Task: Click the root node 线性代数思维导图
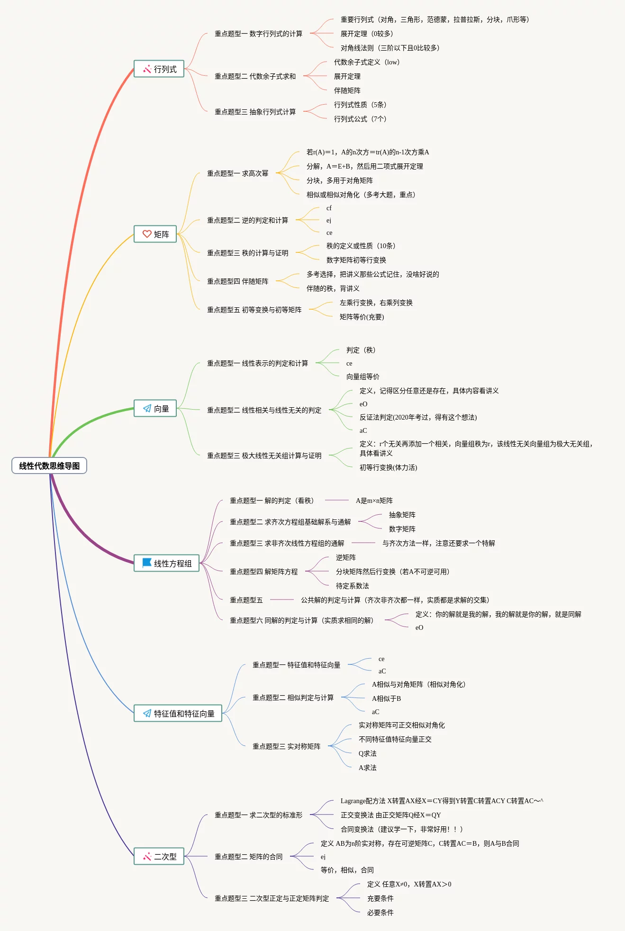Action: click(x=49, y=466)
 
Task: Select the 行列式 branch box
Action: click(x=159, y=69)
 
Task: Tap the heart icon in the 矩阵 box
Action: click(x=147, y=234)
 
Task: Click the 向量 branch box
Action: click(x=155, y=409)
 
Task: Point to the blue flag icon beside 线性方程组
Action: click(x=147, y=563)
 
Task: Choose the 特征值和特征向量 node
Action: click(x=178, y=714)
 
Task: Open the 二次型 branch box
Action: click(x=159, y=857)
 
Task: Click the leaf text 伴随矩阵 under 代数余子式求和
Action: click(x=347, y=90)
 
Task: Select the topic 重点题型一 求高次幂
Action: click(x=237, y=173)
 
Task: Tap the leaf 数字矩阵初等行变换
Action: click(x=356, y=260)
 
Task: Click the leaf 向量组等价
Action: click(x=362, y=376)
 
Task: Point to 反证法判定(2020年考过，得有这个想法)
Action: click(x=418, y=417)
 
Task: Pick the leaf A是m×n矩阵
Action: click(x=374, y=501)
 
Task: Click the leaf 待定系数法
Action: click(x=352, y=586)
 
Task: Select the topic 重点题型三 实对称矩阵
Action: click(x=286, y=746)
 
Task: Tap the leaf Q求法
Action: click(x=367, y=753)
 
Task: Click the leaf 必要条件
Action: click(x=380, y=913)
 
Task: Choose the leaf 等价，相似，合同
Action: click(x=347, y=870)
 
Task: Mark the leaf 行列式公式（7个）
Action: click(x=360, y=119)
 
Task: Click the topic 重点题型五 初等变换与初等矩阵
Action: click(x=254, y=310)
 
